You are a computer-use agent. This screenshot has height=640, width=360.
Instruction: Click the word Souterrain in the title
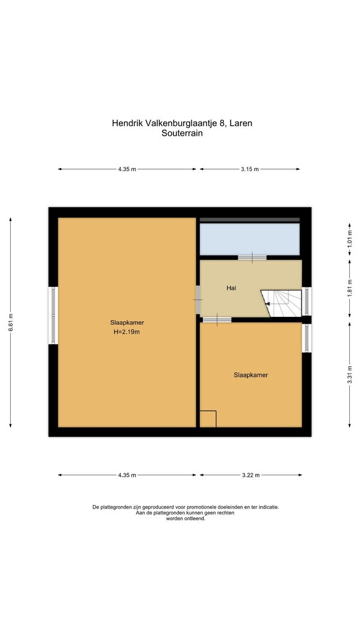point(182,133)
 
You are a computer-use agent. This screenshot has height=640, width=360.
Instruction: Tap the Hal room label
point(232,288)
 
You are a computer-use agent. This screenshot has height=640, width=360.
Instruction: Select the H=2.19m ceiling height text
point(127,332)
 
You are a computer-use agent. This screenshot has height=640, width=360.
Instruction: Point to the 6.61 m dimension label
point(11,322)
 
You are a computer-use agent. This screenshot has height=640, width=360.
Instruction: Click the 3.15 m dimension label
point(250,169)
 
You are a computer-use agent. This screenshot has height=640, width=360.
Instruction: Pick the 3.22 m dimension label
point(251,475)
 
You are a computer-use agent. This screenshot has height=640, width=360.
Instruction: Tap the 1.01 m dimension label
point(349,240)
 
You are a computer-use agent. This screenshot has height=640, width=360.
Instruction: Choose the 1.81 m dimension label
point(349,288)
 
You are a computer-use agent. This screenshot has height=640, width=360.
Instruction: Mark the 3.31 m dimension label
point(349,374)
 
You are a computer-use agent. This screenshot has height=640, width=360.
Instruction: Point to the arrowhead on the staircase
point(267,304)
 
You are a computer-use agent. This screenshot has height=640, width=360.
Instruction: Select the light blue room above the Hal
point(250,239)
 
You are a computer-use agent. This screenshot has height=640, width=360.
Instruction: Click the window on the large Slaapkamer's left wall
point(53,315)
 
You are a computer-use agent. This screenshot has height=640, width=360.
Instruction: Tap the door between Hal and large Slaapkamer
point(198,300)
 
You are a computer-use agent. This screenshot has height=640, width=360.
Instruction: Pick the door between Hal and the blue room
point(252,258)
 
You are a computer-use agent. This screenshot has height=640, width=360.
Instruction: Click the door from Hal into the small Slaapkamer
point(217,319)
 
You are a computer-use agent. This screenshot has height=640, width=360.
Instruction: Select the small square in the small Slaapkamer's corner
point(208,419)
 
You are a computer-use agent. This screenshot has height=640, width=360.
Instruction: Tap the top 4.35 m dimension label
point(127,169)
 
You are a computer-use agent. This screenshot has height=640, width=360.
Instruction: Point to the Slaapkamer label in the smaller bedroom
point(251,375)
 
